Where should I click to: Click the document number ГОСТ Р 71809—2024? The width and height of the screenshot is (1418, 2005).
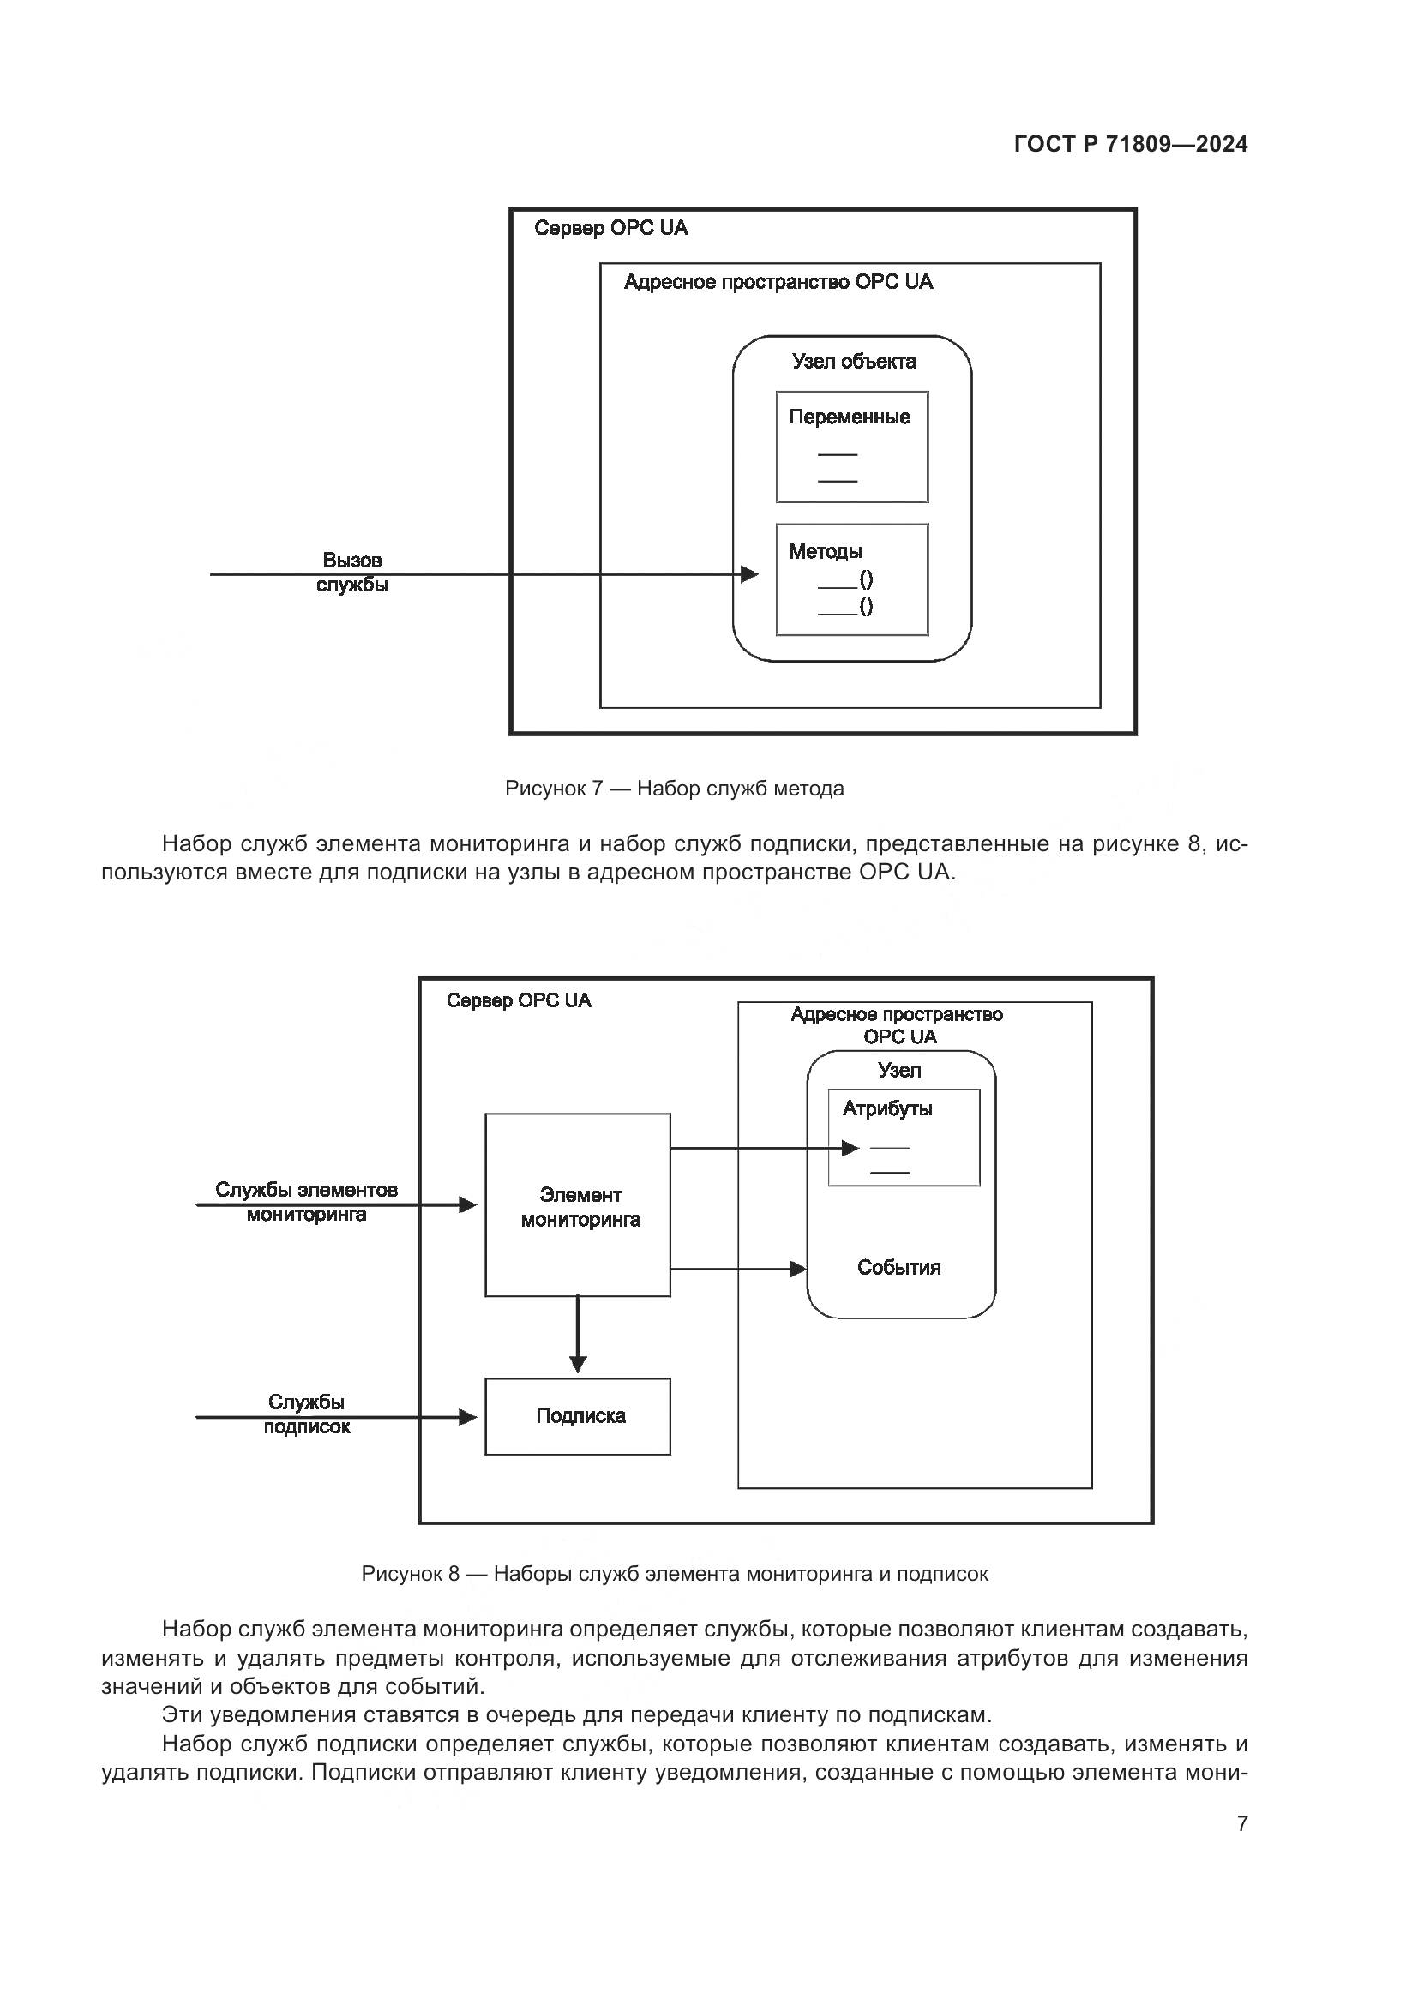coord(1130,144)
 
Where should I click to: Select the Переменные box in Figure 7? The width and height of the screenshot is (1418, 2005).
coord(851,447)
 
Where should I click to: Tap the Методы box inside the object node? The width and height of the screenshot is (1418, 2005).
coord(851,579)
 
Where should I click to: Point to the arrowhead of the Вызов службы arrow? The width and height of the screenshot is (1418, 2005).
coord(749,574)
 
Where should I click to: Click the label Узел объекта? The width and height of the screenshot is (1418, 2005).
coord(853,362)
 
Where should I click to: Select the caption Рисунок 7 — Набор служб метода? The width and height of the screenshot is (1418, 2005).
coord(674,789)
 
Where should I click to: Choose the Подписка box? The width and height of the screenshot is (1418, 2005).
coord(578,1415)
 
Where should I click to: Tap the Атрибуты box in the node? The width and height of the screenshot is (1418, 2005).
coord(904,1137)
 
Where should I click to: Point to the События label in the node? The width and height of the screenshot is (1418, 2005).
coord(898,1268)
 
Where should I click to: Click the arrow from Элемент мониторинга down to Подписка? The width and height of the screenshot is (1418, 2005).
coord(578,1336)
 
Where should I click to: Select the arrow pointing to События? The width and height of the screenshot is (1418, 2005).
coord(738,1269)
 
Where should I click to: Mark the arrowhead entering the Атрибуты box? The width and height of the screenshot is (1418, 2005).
coord(850,1149)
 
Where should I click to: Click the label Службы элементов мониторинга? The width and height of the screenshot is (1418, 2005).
coord(306,1202)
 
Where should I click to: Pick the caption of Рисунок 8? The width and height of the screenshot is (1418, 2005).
coord(674,1574)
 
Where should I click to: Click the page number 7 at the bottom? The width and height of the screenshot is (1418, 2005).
coord(1241,1823)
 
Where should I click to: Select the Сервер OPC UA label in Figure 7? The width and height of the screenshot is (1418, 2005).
coord(610,229)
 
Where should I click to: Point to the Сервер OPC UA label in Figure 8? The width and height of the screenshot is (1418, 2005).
coord(519,1000)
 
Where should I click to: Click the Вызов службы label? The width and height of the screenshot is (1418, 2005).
coord(351,572)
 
